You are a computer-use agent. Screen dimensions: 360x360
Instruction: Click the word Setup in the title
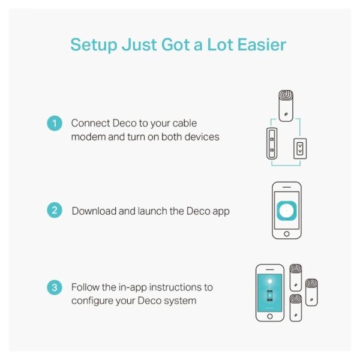pyautogui.click(x=94, y=45)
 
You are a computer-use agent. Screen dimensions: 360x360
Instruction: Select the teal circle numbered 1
pyautogui.click(x=55, y=123)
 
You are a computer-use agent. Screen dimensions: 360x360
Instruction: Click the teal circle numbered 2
pyautogui.click(x=55, y=210)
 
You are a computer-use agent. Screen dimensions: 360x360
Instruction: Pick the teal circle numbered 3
pyautogui.click(x=55, y=287)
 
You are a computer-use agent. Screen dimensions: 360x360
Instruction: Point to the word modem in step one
pyautogui.click(x=88, y=137)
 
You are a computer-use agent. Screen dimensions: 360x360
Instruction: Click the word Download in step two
pyautogui.click(x=94, y=211)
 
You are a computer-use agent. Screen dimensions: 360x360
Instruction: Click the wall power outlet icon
pyautogui.click(x=300, y=149)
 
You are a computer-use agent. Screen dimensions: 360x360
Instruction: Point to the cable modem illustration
pyautogui.click(x=272, y=143)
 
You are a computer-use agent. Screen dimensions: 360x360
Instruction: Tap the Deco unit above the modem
pyautogui.click(x=286, y=106)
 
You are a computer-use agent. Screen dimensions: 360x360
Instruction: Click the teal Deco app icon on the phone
pyautogui.click(x=287, y=211)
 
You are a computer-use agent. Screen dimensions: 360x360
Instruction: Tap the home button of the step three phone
pyautogui.click(x=270, y=316)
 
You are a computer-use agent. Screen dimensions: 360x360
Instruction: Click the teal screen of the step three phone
pyautogui.click(x=270, y=293)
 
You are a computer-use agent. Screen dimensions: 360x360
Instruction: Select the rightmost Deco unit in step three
pyautogui.click(x=311, y=292)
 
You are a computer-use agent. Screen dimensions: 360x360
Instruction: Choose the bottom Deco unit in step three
pyautogui.click(x=296, y=308)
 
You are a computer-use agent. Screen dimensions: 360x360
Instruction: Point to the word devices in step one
pyautogui.click(x=202, y=137)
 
